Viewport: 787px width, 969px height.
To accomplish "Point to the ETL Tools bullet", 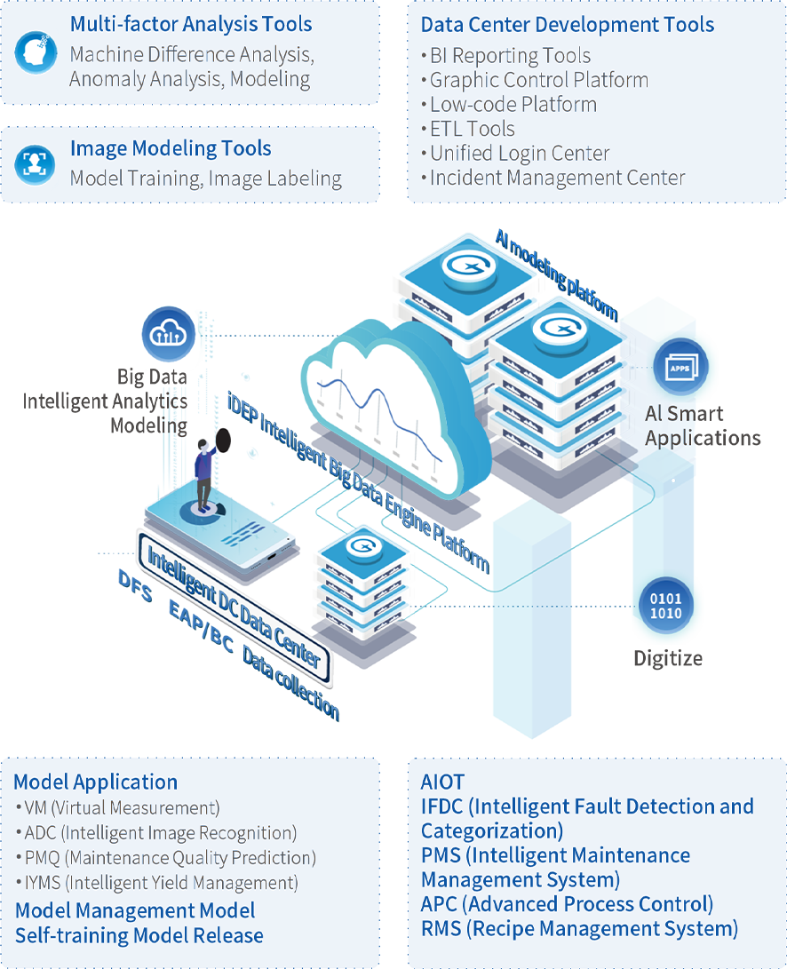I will [x=472, y=129].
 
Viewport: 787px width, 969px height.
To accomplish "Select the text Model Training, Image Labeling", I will [x=205, y=179].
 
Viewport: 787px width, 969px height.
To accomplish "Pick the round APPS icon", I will [x=680, y=367].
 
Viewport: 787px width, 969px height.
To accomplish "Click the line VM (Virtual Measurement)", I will [x=118, y=808].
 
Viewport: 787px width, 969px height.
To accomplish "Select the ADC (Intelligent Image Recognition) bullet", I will [x=156, y=833].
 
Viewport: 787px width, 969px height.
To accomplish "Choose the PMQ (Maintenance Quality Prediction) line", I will [x=166, y=858].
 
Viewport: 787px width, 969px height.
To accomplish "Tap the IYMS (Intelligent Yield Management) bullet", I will [x=157, y=883].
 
